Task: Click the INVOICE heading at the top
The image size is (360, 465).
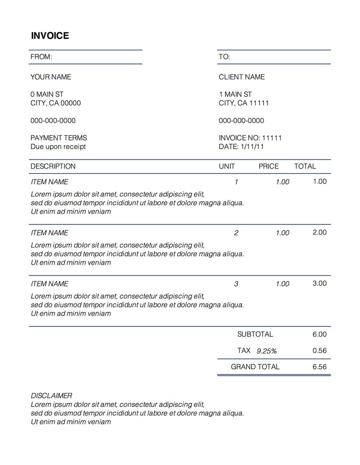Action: click(50, 36)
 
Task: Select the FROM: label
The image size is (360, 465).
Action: click(41, 57)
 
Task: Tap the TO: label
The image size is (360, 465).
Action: click(224, 57)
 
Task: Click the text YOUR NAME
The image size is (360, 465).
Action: click(51, 77)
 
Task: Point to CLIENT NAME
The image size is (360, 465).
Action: click(242, 77)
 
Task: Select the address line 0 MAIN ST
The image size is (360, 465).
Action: click(47, 94)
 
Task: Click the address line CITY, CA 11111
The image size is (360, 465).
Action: click(244, 103)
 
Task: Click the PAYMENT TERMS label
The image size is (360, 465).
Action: click(58, 138)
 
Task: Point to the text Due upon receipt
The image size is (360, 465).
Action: click(58, 146)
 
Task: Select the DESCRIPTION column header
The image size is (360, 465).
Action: click(53, 166)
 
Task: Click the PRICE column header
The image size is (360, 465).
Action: click(268, 166)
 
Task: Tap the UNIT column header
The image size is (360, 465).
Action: click(227, 166)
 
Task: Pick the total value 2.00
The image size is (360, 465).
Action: click(320, 232)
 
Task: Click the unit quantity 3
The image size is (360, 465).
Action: click(236, 284)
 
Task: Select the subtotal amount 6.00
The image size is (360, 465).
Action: click(320, 334)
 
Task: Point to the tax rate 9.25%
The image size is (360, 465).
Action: click(267, 351)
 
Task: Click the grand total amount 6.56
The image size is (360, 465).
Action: click(320, 367)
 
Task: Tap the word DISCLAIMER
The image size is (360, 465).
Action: click(51, 396)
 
